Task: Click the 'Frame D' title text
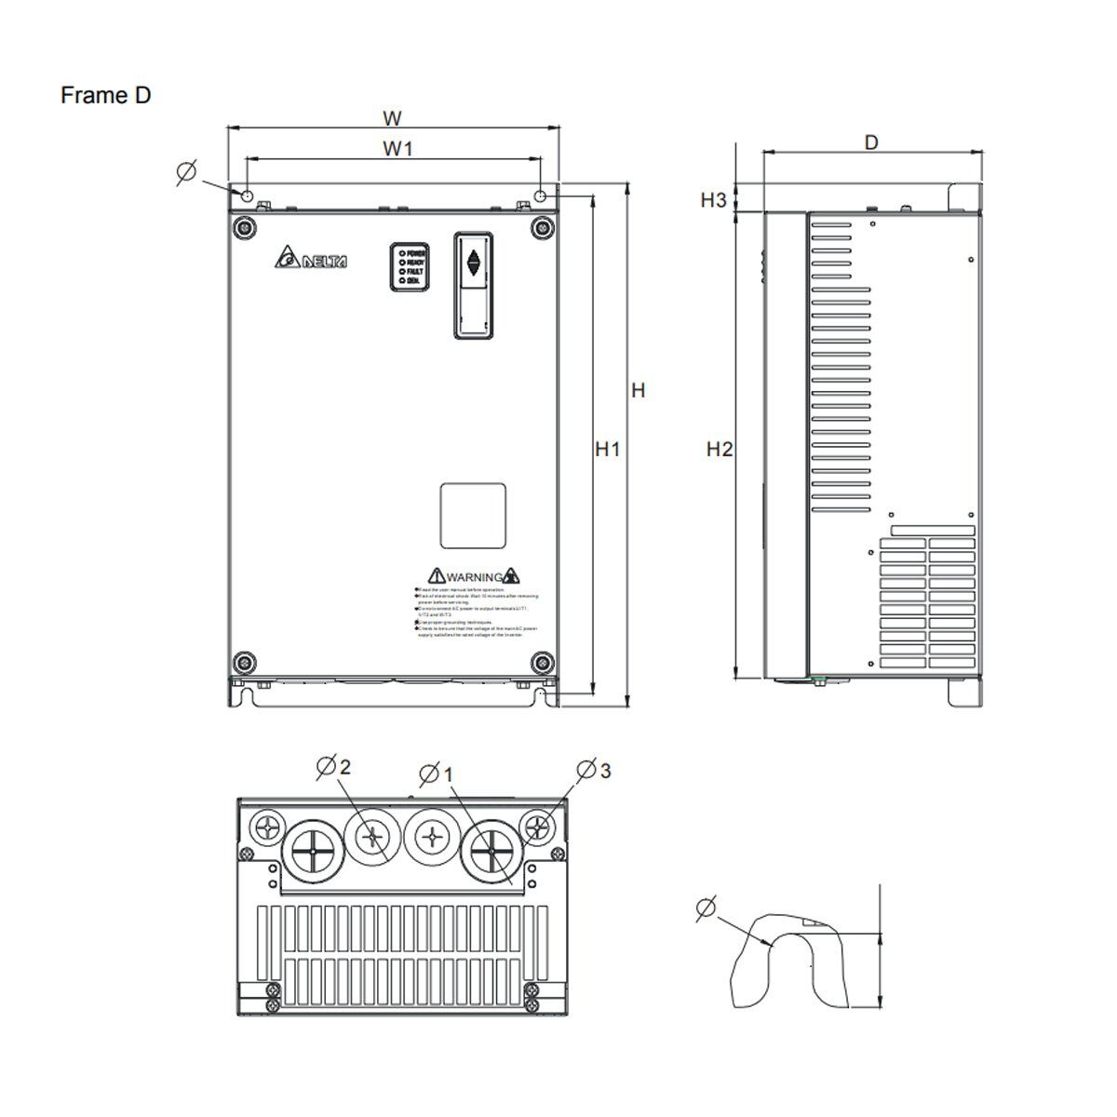105,95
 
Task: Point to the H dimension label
638,391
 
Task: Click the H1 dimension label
608,450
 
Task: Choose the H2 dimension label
719,450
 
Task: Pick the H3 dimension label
714,199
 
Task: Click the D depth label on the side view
870,142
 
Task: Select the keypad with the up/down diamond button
473,284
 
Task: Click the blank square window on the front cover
473,517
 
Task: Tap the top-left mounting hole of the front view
247,195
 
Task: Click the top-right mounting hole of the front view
541,195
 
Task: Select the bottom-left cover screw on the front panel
244,662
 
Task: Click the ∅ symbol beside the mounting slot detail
707,908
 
